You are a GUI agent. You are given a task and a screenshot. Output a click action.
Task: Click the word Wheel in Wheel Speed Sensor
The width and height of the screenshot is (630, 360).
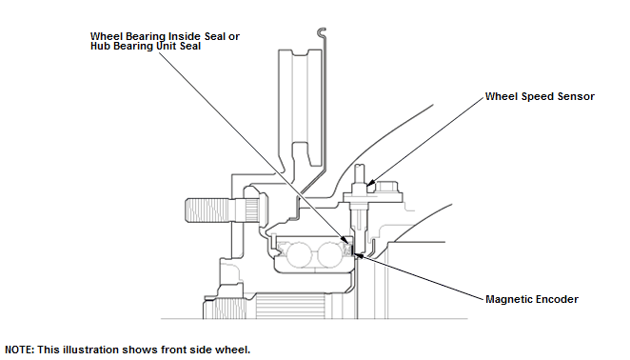[502, 96]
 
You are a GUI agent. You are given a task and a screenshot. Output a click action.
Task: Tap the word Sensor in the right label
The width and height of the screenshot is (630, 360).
[576, 96]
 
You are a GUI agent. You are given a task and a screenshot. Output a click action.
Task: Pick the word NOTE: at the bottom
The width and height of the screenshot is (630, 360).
[19, 350]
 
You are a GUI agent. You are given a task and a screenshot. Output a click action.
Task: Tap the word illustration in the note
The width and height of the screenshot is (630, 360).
[90, 350]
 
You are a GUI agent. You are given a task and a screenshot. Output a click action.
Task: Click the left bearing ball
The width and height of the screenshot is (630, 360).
[299, 255]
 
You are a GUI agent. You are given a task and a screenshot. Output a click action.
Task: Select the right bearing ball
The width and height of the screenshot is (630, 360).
[330, 255]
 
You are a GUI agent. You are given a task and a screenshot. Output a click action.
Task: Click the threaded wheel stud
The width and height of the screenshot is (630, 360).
[208, 210]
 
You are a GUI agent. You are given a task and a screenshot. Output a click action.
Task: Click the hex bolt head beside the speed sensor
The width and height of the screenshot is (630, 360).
[386, 188]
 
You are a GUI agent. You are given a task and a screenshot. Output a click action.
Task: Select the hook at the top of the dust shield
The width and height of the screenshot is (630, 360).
[321, 31]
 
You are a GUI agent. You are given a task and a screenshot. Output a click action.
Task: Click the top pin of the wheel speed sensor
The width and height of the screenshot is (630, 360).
[360, 173]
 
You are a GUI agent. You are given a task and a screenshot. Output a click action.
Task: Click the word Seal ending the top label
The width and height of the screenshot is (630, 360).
[190, 46]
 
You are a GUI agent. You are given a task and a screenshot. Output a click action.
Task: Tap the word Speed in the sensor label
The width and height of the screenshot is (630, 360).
[538, 97]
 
